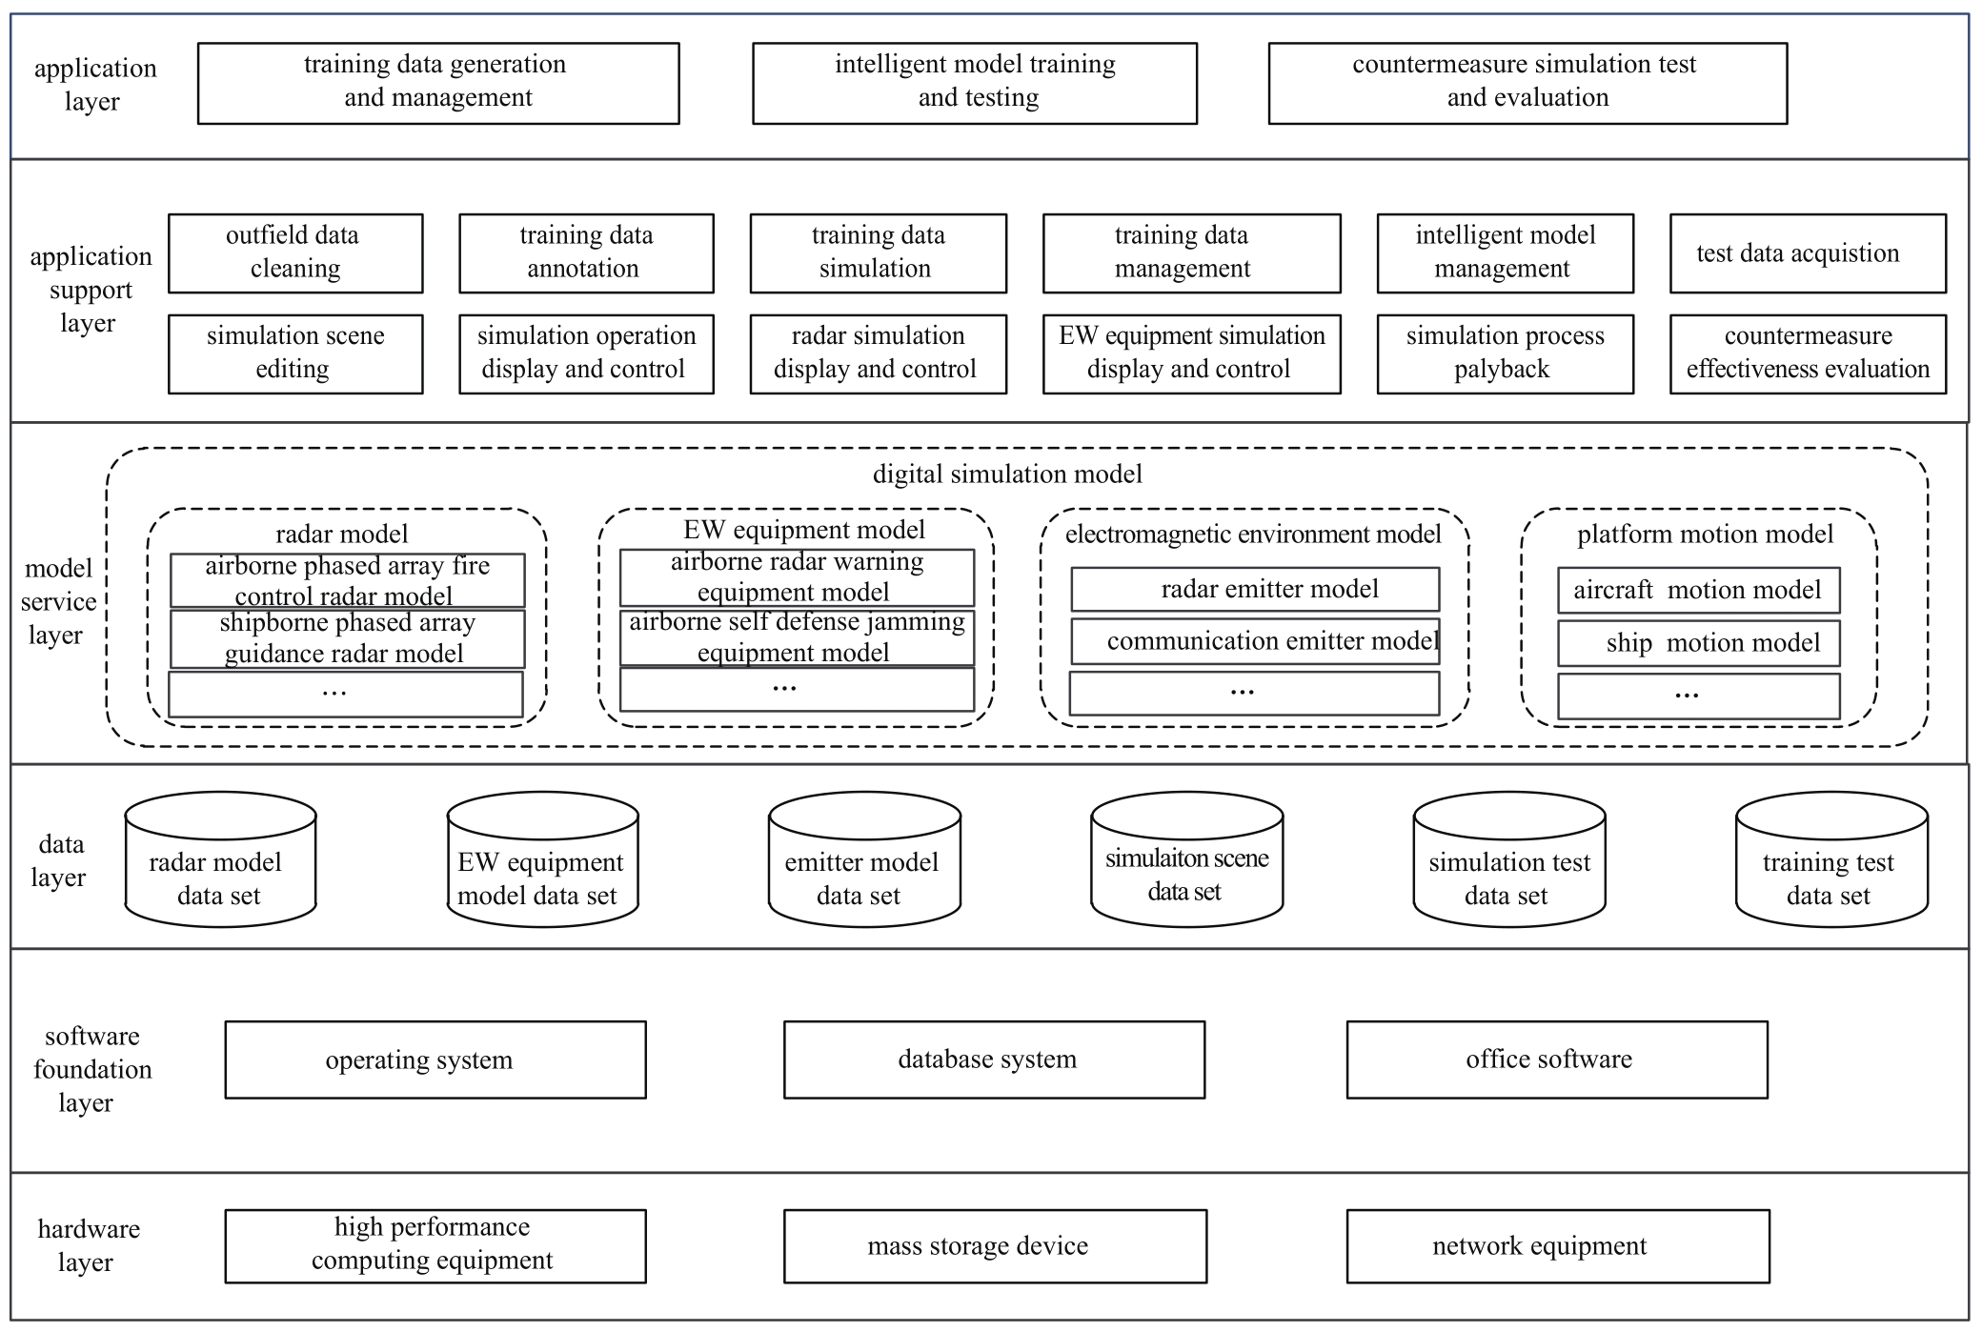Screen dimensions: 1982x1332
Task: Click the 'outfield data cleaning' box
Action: pos(295,252)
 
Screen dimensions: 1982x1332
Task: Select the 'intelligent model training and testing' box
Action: pos(975,83)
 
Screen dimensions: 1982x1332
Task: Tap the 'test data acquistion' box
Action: pos(1808,252)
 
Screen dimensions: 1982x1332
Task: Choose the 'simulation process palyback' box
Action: pos(1505,353)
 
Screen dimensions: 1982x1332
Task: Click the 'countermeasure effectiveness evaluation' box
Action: pos(1808,353)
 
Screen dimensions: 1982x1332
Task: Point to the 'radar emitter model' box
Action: pos(1255,589)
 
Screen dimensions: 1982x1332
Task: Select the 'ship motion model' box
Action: pos(1698,643)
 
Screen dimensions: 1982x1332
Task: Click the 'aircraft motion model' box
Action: pos(1698,590)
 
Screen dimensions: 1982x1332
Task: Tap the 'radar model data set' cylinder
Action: pos(220,859)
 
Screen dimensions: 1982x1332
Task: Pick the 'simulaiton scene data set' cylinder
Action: pos(1186,859)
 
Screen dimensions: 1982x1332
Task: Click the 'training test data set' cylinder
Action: pos(1831,859)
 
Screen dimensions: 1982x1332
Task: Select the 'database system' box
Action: pos(994,1060)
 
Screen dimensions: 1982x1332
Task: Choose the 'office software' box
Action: pos(1557,1060)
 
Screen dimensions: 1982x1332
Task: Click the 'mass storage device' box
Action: pos(995,1246)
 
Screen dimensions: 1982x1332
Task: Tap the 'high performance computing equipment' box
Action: pos(435,1246)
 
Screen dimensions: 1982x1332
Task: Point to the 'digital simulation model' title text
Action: pos(1007,474)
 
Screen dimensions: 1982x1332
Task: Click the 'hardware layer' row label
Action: pos(89,1245)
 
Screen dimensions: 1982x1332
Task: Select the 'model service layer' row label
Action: pos(59,601)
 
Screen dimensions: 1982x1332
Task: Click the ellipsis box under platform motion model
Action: pos(1698,696)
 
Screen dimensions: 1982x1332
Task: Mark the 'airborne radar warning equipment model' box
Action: pos(797,577)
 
